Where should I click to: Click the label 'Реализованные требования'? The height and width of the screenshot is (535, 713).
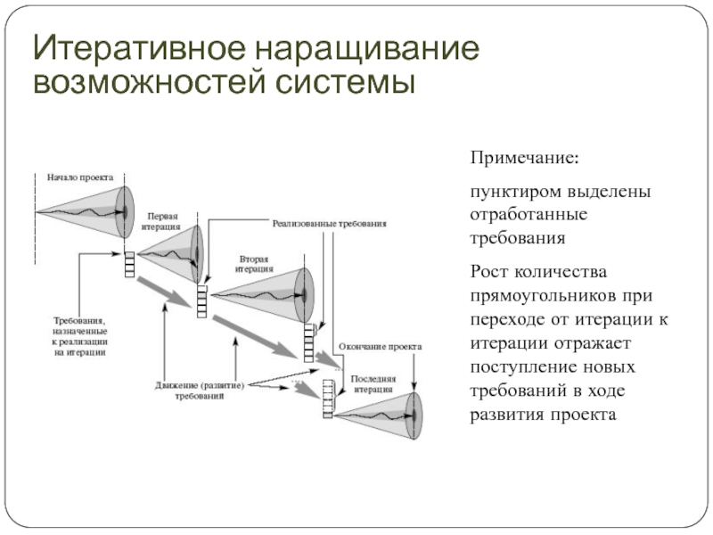[x=330, y=223]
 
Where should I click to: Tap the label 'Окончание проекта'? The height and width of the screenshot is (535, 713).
[x=380, y=346]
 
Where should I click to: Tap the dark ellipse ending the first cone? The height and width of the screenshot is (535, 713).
[x=127, y=210]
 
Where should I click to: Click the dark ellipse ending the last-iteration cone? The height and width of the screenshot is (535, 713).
[x=412, y=413]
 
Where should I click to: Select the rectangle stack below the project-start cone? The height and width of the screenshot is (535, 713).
[x=130, y=264]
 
